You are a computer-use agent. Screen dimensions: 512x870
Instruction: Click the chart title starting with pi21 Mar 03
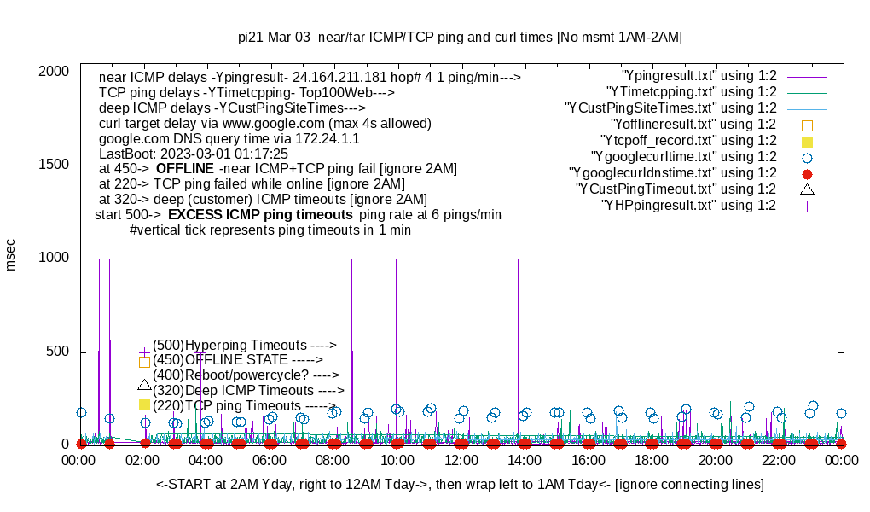coord(460,38)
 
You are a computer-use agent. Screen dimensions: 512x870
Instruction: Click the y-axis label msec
coord(11,254)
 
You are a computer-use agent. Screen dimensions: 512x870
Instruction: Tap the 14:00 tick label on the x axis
coord(524,460)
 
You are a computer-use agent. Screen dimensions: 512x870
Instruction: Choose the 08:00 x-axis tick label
coord(333,460)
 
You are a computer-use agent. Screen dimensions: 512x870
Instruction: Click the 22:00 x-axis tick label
coord(778,460)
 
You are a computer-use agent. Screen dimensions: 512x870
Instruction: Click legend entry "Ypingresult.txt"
coord(699,76)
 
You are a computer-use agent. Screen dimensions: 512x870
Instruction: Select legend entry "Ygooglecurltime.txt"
coord(683,157)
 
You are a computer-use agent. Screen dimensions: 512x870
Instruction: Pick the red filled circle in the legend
coord(807,173)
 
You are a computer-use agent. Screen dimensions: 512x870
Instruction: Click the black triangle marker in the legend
coord(807,189)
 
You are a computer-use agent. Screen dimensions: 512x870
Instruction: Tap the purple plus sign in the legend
coord(807,206)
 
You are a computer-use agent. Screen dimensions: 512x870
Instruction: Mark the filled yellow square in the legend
coord(807,141)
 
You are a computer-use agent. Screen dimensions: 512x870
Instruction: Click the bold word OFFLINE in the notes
coord(184,169)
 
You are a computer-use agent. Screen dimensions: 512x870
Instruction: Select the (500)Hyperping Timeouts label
coord(245,346)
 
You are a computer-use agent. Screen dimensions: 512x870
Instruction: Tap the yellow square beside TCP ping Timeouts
coord(144,404)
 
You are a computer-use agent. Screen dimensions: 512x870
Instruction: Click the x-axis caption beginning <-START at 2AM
coord(460,485)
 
